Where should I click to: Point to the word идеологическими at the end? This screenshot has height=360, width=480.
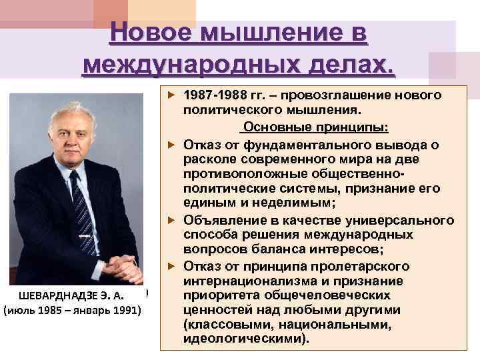click(x=246, y=339)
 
